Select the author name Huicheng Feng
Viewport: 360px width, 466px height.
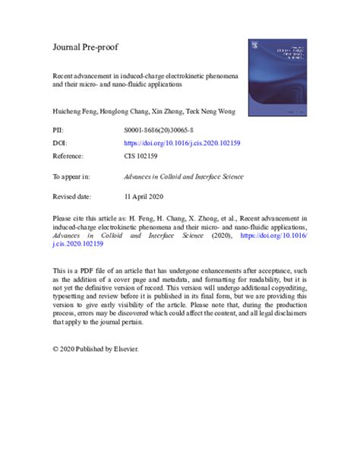(74, 112)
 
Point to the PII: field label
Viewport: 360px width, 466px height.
(59, 131)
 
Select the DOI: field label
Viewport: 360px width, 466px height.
(61, 141)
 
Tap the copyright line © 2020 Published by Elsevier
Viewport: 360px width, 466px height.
(96, 349)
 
